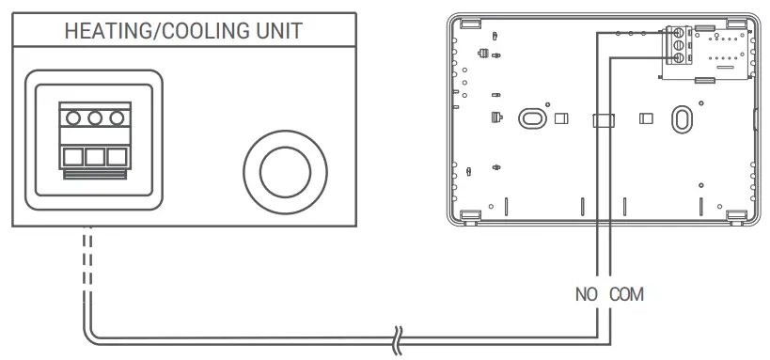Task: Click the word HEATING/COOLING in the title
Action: point(156,30)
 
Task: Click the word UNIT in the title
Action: point(278,30)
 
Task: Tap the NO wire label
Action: point(587,294)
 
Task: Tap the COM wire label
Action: point(626,294)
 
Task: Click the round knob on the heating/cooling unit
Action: point(286,170)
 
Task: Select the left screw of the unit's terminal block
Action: point(72,118)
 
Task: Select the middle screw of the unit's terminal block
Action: point(94,118)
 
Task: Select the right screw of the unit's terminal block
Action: point(116,118)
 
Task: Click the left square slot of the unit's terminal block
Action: point(72,156)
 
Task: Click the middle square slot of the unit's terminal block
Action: point(94,156)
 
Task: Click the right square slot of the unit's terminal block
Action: point(116,156)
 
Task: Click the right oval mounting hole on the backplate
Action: point(678,118)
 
